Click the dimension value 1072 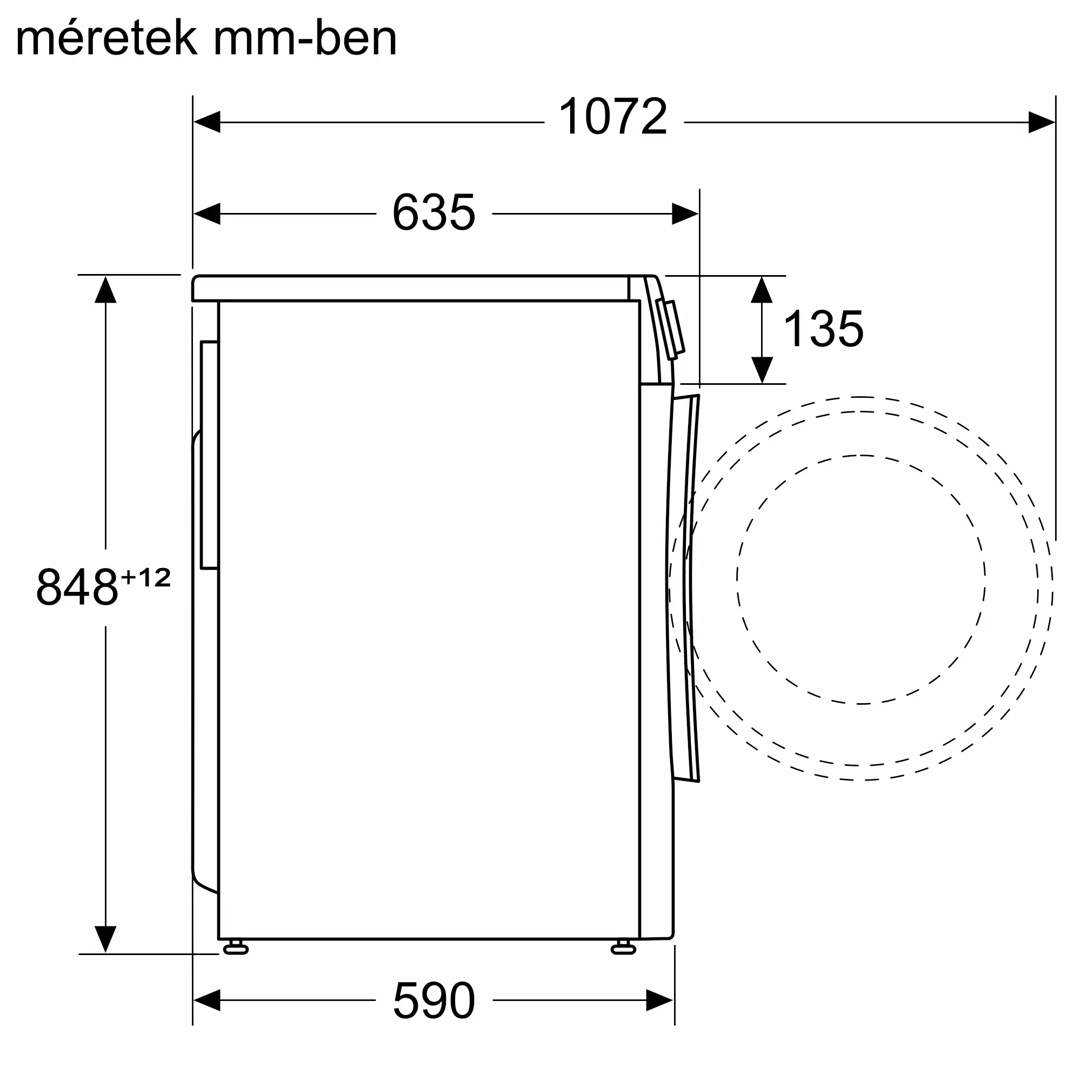[613, 116]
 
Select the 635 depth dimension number [433, 212]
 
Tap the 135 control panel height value [823, 329]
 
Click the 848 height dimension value [77, 586]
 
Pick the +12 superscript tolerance [145, 577]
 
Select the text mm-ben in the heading [305, 37]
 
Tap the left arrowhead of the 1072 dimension [206, 122]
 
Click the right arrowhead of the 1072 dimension [1042, 122]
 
